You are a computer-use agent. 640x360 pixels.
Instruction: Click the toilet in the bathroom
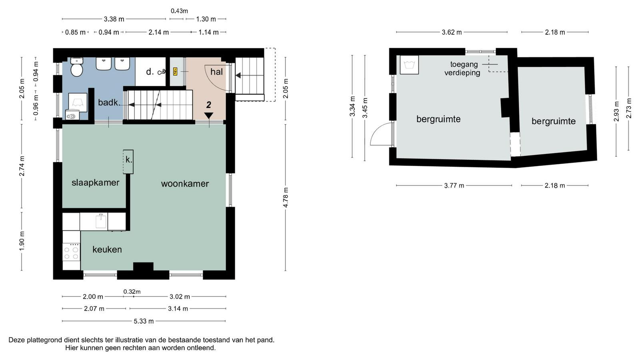(x=76, y=67)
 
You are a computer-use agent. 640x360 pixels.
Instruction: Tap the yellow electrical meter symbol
(x=175, y=72)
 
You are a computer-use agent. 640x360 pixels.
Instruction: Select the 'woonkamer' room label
(x=185, y=184)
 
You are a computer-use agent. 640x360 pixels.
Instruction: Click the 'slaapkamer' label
(x=96, y=183)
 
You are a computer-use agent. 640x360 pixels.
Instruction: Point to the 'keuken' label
(x=107, y=250)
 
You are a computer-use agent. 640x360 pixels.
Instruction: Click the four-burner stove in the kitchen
(x=71, y=252)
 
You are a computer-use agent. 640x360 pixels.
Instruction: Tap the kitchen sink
(x=101, y=221)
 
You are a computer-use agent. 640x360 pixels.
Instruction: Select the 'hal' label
(x=216, y=72)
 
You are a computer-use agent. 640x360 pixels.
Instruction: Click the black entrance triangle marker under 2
(x=208, y=116)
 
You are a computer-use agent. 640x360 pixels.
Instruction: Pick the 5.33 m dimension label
(x=144, y=321)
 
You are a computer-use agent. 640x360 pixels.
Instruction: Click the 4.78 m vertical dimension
(x=286, y=198)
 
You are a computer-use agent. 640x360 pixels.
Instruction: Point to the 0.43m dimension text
(x=180, y=11)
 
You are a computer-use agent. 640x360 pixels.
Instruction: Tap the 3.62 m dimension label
(x=452, y=32)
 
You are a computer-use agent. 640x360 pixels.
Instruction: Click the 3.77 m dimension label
(x=454, y=186)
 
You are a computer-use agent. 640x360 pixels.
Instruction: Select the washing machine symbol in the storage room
(x=409, y=65)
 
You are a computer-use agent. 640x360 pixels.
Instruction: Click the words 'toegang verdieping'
(x=462, y=68)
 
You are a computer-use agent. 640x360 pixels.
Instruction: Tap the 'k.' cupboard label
(x=129, y=160)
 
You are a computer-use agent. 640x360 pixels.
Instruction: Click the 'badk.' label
(x=109, y=102)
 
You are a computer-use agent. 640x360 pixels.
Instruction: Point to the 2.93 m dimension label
(x=616, y=112)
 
